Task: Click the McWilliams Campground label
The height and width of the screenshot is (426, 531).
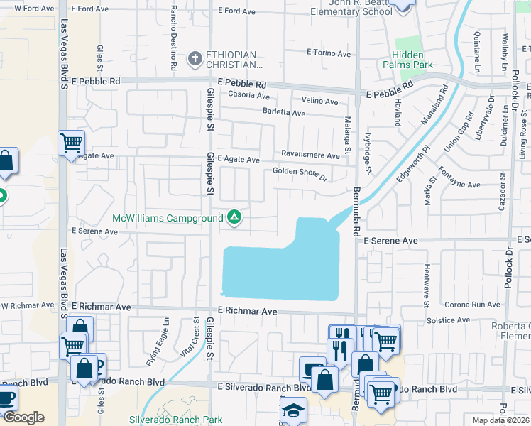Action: click(x=168, y=218)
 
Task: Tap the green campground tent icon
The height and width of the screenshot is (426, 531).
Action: click(x=234, y=217)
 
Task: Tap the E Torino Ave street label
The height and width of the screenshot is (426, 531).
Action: click(x=329, y=53)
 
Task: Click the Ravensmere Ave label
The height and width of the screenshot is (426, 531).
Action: click(x=310, y=155)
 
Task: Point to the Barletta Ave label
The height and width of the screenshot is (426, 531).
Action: click(x=284, y=112)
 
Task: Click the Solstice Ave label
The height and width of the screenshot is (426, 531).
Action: click(x=449, y=320)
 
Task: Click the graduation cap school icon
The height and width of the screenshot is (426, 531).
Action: click(x=292, y=410)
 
